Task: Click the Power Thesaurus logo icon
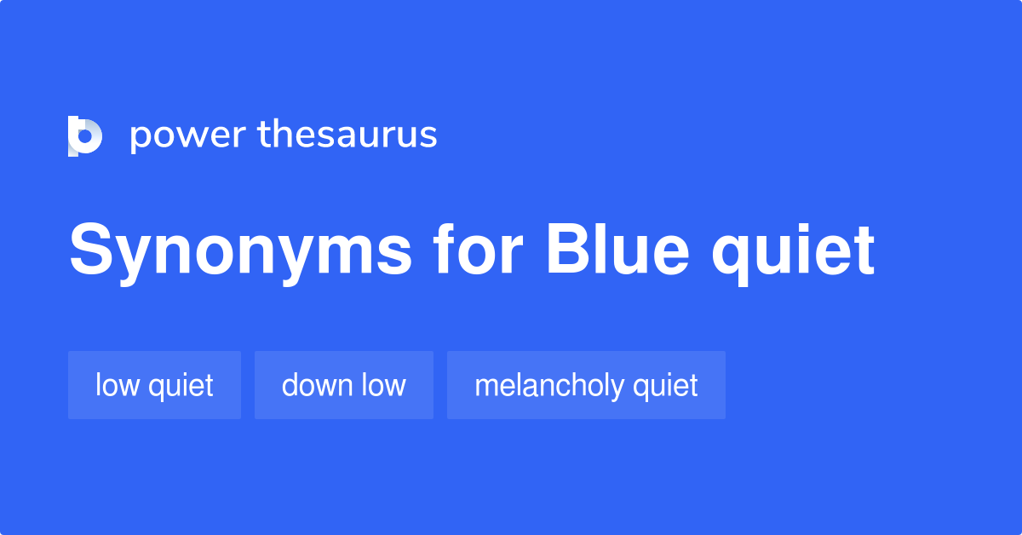(84, 135)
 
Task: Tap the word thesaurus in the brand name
(347, 135)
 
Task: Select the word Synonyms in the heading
(241, 252)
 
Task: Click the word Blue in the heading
(616, 250)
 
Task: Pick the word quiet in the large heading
(793, 252)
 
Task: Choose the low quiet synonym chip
(154, 385)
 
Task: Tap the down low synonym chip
(343, 385)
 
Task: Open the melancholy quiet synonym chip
(586, 385)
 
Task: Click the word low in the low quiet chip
(117, 385)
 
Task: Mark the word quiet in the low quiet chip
(181, 386)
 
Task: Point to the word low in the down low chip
(383, 385)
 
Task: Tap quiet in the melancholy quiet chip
(665, 386)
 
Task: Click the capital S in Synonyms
(92, 250)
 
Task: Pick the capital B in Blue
(567, 250)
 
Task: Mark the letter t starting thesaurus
(263, 135)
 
